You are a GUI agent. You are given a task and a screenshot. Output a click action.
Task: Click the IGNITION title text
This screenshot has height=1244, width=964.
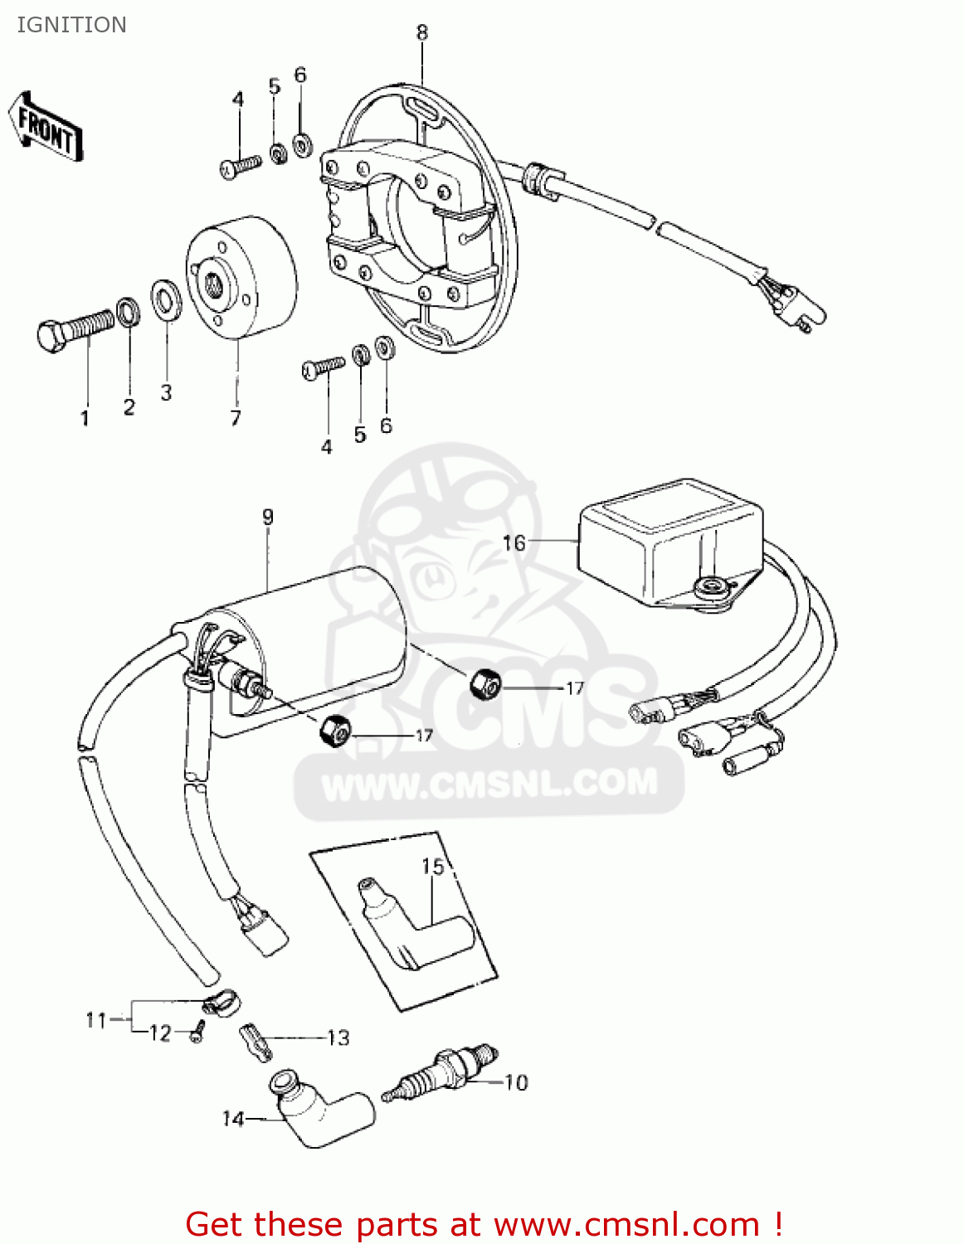tap(71, 25)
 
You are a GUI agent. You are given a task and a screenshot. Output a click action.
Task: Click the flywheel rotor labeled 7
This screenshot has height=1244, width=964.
tap(241, 279)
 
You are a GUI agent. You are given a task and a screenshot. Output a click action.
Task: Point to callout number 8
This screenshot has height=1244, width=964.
tap(421, 32)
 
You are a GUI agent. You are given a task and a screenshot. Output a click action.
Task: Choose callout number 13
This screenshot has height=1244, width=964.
tap(338, 1037)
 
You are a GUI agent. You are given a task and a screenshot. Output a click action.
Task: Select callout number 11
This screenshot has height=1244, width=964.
tap(96, 1019)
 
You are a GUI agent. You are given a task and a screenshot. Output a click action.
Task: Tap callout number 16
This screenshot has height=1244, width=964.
tap(514, 542)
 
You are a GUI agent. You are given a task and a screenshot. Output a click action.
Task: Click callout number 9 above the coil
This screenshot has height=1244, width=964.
tap(267, 517)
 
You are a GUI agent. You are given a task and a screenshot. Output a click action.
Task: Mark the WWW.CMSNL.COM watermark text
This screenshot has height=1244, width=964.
tap(489, 784)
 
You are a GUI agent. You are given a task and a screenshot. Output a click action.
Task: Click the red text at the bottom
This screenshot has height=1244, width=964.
tap(484, 1224)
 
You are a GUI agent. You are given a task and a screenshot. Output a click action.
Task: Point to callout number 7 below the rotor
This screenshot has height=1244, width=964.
tap(236, 418)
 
